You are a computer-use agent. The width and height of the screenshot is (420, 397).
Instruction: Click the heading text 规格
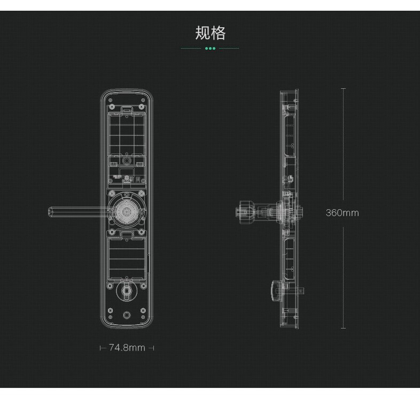coord(210,33)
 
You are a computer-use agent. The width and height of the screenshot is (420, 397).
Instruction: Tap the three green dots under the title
coord(210,49)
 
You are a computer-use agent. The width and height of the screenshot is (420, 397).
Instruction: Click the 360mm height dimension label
coord(343,213)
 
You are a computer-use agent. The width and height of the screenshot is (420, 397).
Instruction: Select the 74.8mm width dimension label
coord(127,348)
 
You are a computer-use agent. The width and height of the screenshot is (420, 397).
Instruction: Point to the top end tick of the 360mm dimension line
coord(343,89)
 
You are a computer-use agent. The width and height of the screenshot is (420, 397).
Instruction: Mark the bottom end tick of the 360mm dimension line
coord(343,329)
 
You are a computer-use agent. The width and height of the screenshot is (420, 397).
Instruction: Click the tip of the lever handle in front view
coord(51,212)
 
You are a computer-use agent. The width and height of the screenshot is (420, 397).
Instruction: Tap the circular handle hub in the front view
coord(127,211)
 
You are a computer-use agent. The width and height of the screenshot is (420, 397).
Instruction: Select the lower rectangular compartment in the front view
coord(127,258)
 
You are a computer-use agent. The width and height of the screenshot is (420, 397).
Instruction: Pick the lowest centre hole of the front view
coord(127,315)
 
